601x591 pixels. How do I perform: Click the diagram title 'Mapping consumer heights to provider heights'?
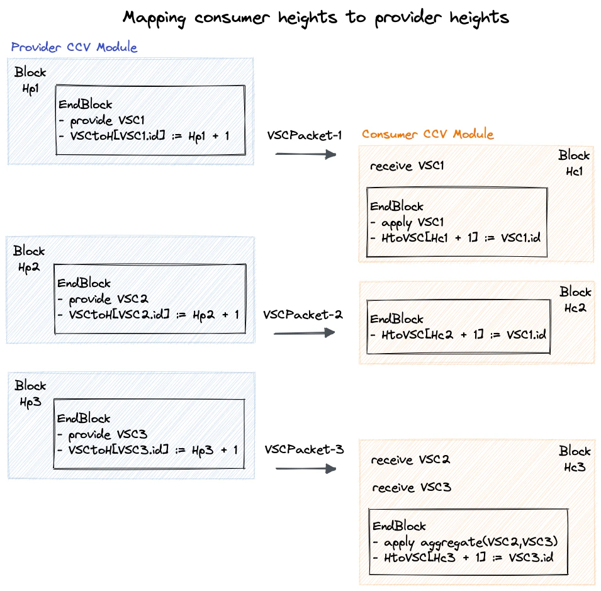tap(315, 17)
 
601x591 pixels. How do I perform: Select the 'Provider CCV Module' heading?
tap(74, 47)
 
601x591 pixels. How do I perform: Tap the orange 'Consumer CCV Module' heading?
tap(427, 134)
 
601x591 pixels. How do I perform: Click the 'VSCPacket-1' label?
tap(305, 135)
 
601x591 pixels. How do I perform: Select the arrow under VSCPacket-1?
tap(306, 153)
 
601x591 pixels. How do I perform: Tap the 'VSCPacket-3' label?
tap(304, 449)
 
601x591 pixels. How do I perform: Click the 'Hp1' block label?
tap(30, 89)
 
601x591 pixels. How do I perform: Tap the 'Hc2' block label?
tap(575, 308)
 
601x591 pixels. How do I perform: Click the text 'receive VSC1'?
tap(407, 166)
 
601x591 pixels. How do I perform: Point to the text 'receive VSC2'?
tap(410, 460)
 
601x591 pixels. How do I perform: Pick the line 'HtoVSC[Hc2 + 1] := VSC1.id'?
tap(459, 335)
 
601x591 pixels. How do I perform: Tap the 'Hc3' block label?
tap(575, 467)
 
